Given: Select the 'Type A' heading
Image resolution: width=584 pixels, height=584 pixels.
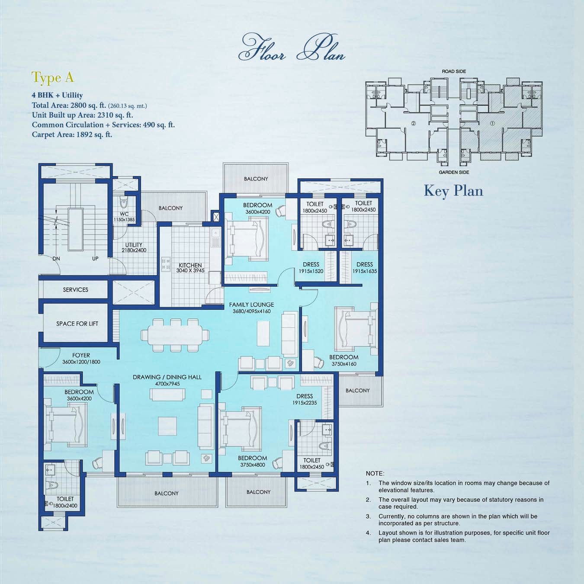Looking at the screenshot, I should point(53,78).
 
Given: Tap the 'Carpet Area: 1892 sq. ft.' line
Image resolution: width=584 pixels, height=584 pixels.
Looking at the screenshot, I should point(72,135).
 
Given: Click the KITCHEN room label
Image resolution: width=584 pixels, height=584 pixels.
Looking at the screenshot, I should point(190,265).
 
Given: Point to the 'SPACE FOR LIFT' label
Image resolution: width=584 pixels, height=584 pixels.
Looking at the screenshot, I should point(77,324).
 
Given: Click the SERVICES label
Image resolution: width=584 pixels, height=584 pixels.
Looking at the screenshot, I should point(75,290).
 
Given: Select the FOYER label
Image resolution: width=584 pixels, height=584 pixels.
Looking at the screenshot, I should point(81,355).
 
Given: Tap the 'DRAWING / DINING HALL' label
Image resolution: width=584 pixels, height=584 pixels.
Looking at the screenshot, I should point(167,377).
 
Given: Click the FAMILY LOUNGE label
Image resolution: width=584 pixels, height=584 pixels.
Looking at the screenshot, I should point(251,305).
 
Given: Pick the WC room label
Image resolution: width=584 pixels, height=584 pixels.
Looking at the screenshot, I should point(124,214).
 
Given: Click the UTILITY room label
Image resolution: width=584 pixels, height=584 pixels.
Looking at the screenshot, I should point(134,245).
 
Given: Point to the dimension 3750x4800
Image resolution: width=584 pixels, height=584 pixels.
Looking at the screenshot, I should point(252,465).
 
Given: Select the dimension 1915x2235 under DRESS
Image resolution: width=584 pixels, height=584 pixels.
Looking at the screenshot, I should point(305,403).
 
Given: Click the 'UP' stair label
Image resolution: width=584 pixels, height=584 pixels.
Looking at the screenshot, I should point(95,259).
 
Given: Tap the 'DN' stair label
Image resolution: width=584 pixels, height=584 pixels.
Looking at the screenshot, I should point(56,259).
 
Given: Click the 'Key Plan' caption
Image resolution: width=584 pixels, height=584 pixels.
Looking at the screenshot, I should point(453,191).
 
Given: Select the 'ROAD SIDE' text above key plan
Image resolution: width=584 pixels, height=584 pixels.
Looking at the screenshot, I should point(454,71).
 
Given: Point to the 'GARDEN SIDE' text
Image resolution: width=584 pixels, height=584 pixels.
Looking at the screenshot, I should point(454,172).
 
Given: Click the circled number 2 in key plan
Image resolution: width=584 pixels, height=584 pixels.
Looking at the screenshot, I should point(414,123).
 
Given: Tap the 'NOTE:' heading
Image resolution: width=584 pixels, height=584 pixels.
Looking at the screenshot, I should point(375,474).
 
